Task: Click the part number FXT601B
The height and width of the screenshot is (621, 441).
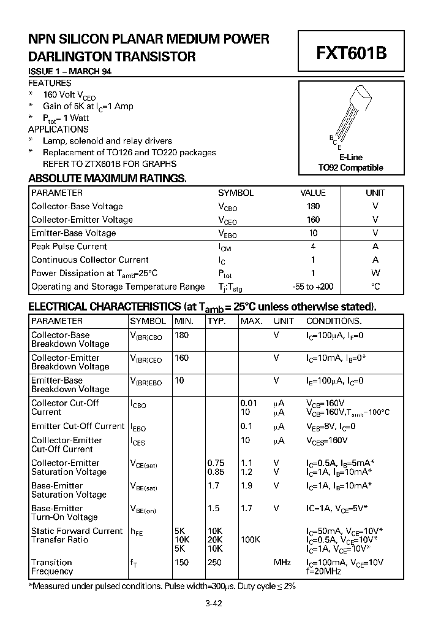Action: (x=351, y=53)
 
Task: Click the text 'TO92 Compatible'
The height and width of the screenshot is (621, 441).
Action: (x=350, y=168)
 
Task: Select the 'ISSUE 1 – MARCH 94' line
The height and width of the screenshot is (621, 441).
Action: (x=70, y=72)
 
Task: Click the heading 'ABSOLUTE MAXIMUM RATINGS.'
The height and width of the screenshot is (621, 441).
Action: (x=107, y=179)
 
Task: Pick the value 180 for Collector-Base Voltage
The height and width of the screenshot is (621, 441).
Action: (x=313, y=207)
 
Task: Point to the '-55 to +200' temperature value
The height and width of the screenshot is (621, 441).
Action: (x=313, y=287)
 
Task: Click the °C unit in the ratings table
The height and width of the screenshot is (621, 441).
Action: (x=375, y=287)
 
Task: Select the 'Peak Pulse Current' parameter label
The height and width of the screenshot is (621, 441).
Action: (x=69, y=247)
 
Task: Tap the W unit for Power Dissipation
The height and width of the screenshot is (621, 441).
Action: (x=375, y=273)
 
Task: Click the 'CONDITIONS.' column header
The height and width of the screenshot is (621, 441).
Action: (x=334, y=321)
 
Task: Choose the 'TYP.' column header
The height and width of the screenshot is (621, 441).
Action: (x=216, y=321)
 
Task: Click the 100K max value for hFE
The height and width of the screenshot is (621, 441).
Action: (x=250, y=540)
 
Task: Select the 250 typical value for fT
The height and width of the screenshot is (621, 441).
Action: (x=214, y=563)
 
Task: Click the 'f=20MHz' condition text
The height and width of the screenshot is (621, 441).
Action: (x=325, y=571)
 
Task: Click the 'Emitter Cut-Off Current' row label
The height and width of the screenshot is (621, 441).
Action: (x=78, y=426)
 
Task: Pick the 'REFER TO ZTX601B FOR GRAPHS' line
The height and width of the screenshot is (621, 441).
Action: (x=109, y=164)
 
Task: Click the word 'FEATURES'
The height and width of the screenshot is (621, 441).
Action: (x=50, y=83)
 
